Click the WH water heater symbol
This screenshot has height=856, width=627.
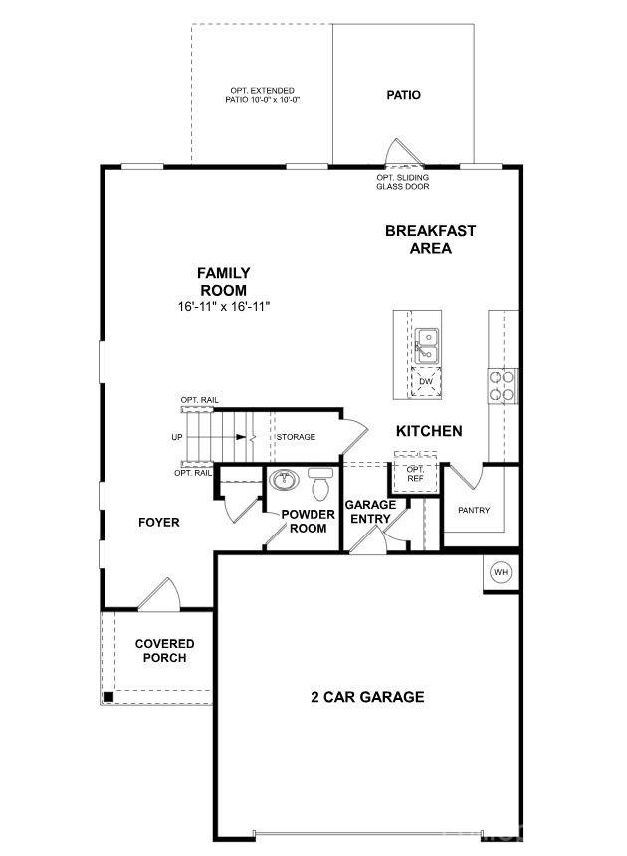click(x=501, y=573)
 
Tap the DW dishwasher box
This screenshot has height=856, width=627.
click(x=426, y=381)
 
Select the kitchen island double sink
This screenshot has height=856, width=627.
click(x=427, y=345)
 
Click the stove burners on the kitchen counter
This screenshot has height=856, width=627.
click(x=503, y=384)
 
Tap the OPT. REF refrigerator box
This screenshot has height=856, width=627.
click(x=415, y=472)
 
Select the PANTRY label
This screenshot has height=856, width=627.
click(x=474, y=510)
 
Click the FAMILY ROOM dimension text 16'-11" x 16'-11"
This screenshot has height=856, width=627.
click(x=223, y=307)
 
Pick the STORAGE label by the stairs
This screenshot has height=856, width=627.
click(x=296, y=437)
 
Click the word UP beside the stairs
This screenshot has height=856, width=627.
click(x=177, y=437)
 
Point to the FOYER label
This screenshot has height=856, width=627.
click(x=158, y=522)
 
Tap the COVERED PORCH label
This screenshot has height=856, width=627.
click(x=164, y=651)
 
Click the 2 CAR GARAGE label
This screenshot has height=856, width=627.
click(x=367, y=697)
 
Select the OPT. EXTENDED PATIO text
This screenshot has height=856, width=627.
click(x=263, y=95)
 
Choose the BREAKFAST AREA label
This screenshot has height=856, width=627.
click(x=430, y=239)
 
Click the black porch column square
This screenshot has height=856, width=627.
click(x=108, y=696)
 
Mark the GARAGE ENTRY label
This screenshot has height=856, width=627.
click(x=371, y=512)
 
